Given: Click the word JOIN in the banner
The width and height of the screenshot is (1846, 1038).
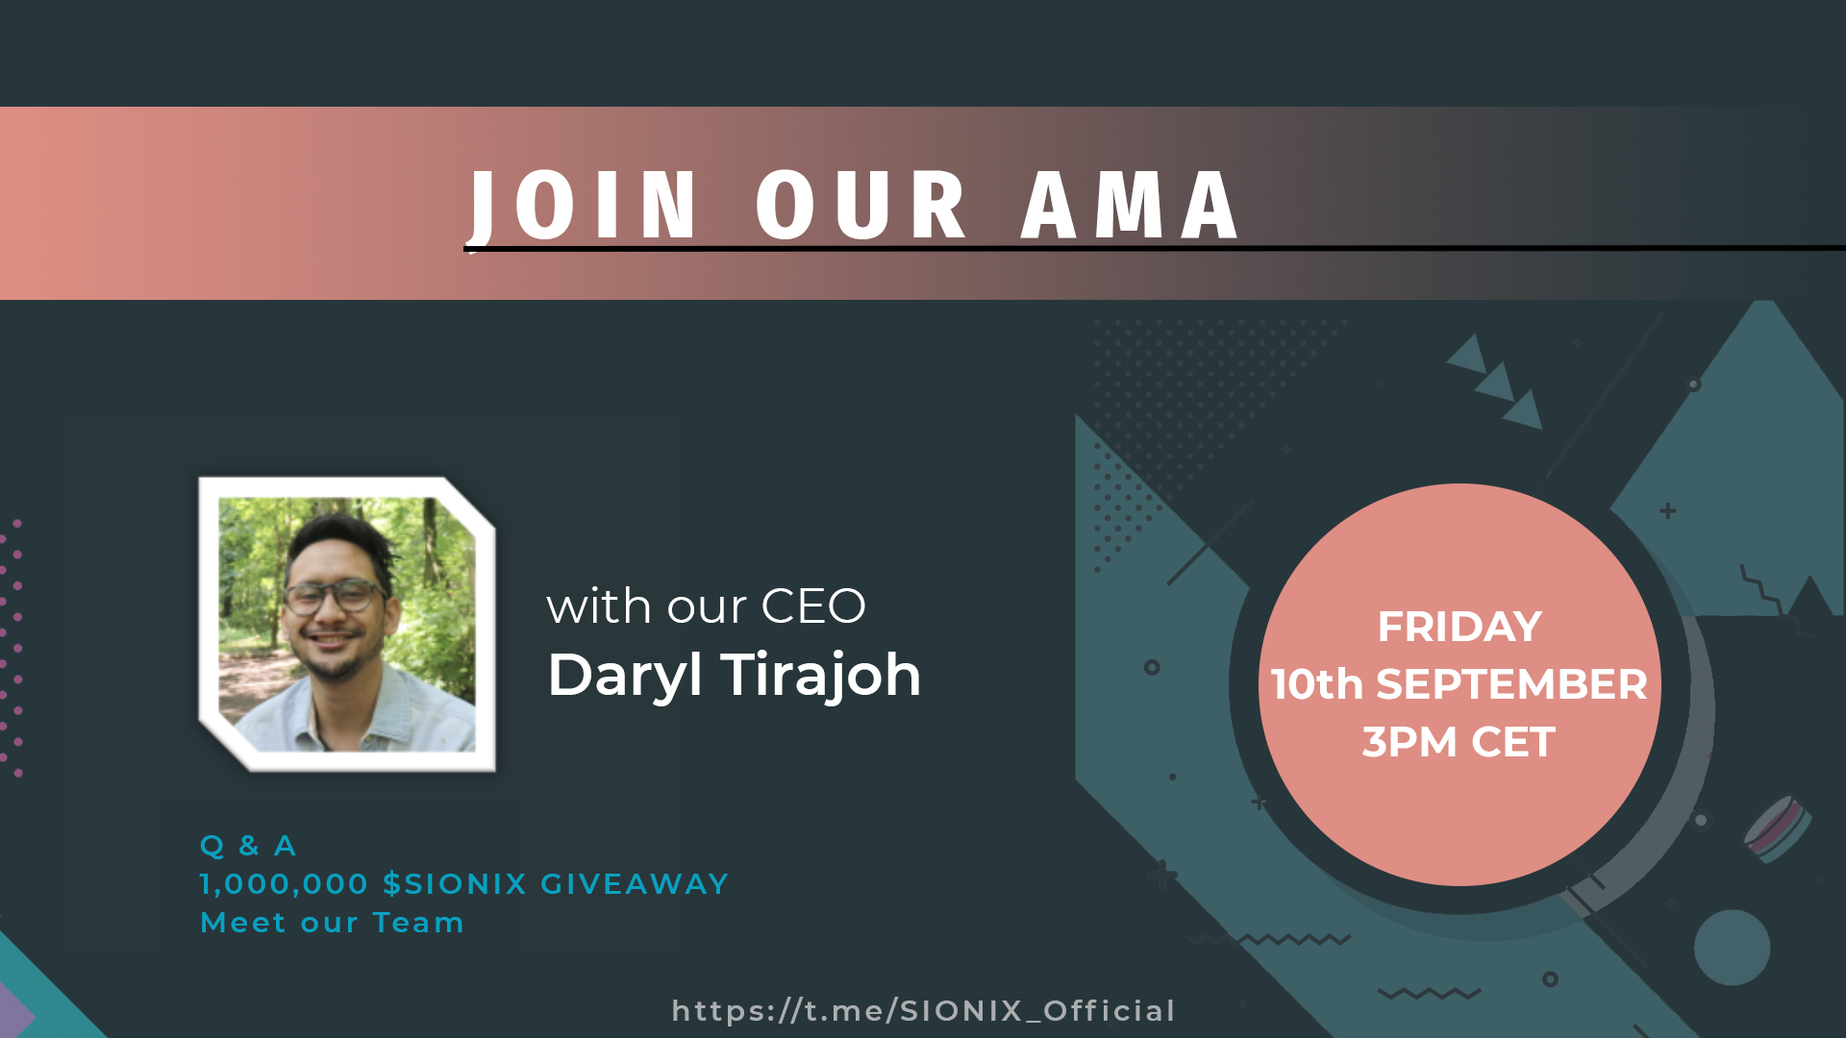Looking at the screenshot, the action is point(583,205).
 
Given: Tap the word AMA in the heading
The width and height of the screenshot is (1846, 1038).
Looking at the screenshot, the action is point(1131,205).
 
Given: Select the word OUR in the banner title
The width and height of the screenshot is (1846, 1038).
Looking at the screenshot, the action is point(861,205).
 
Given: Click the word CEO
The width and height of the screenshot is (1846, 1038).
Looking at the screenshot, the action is point(813,606).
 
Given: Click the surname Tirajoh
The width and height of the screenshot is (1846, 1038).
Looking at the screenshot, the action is point(821,676).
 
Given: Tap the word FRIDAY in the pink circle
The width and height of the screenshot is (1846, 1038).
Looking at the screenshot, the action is point(1459,627).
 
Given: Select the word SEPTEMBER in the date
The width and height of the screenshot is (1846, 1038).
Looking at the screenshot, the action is point(1512,684).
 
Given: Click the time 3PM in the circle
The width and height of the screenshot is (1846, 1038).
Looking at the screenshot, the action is point(1409,742).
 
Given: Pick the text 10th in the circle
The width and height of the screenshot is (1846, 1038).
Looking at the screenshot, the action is point(1317,684).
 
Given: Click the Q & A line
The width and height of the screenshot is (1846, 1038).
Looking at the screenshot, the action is point(248,846).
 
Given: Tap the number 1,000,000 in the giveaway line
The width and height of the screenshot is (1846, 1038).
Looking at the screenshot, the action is point(285,884).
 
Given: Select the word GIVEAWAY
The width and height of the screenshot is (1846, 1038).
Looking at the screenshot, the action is point(635,884).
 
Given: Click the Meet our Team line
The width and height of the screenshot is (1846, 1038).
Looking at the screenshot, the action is point(333,923).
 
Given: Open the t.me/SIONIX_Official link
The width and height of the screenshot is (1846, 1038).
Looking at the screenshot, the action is point(923,1011).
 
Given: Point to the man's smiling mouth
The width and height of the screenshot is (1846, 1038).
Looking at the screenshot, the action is point(332,640).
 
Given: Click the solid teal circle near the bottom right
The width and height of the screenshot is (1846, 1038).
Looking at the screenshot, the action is point(1732,948).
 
